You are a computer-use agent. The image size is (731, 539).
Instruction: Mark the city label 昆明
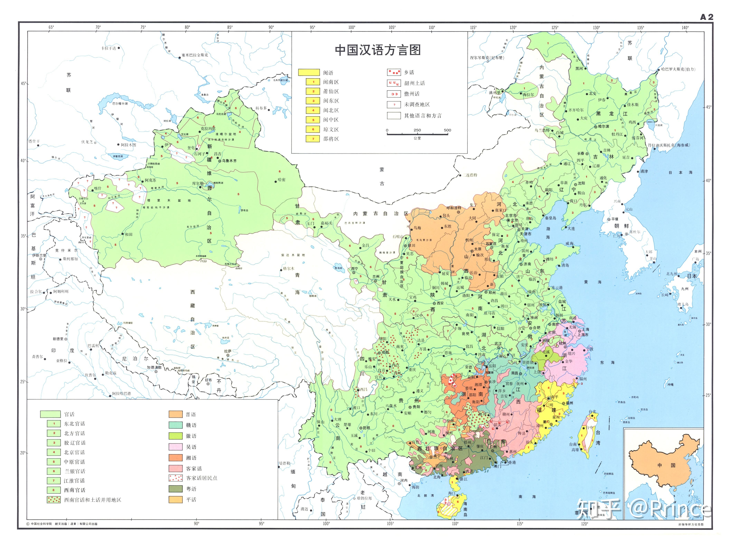tap(366, 428)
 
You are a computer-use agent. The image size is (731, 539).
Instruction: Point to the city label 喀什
tap(98, 188)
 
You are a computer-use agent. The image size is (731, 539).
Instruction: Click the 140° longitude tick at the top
tap(685, 28)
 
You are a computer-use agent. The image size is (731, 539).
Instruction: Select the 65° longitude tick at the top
tap(51, 27)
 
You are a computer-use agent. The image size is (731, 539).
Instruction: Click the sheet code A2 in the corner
tap(706, 17)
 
